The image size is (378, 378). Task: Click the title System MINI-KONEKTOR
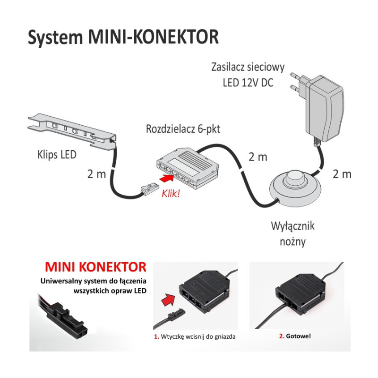pyautogui.click(x=123, y=37)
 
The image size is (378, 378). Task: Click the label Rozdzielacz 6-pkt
pyautogui.click(x=183, y=129)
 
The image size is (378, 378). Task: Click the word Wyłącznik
pyautogui.click(x=292, y=226)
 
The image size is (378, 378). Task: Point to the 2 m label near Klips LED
pyautogui.click(x=96, y=174)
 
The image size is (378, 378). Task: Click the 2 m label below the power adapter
pyautogui.click(x=342, y=174)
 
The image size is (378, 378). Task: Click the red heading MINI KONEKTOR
pyautogui.click(x=95, y=266)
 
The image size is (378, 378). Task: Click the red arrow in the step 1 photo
pyautogui.click(x=168, y=299)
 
